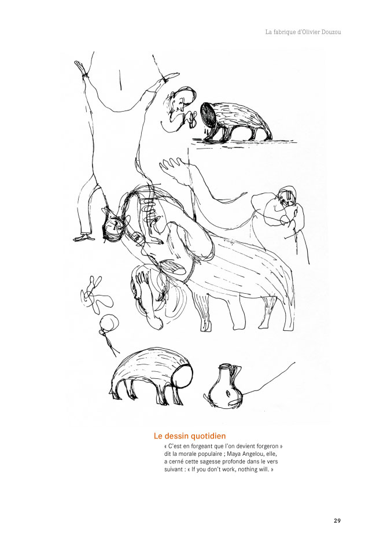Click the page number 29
coord(337,521)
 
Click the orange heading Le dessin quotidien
coord(190,436)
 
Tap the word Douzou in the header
coord(330,32)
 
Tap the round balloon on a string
coord(109,323)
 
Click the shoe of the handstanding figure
coord(84,238)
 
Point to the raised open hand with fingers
coord(173,168)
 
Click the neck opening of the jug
coord(226,366)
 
